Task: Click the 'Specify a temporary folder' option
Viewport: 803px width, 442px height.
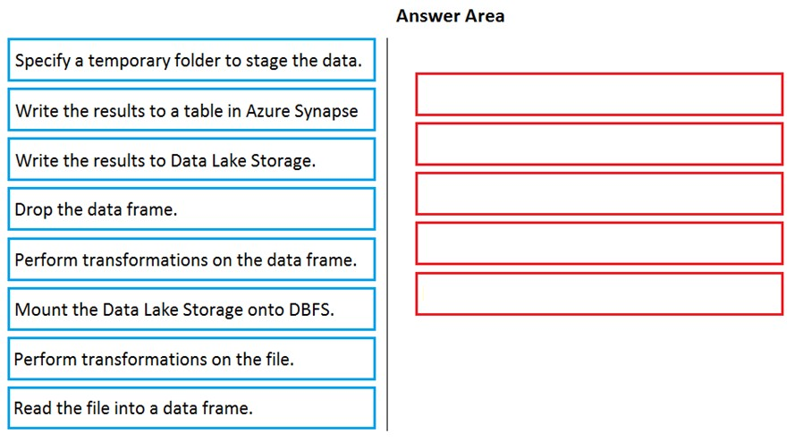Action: [191, 60]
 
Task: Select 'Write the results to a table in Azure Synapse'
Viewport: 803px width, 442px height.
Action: [191, 109]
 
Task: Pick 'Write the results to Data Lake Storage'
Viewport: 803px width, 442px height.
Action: [191, 159]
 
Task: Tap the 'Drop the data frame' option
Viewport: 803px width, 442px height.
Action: [191, 209]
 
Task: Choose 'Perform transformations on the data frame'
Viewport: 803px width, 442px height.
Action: [191, 259]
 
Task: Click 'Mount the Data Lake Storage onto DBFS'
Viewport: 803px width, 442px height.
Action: [191, 309]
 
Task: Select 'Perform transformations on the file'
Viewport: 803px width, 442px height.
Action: [191, 359]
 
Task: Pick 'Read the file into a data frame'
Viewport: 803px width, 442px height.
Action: [191, 408]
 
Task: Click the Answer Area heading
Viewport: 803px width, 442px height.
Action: [450, 16]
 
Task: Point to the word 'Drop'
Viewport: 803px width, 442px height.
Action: [33, 210]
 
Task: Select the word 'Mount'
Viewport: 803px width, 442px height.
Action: [40, 310]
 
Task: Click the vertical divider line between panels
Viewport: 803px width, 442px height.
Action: [387, 234]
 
